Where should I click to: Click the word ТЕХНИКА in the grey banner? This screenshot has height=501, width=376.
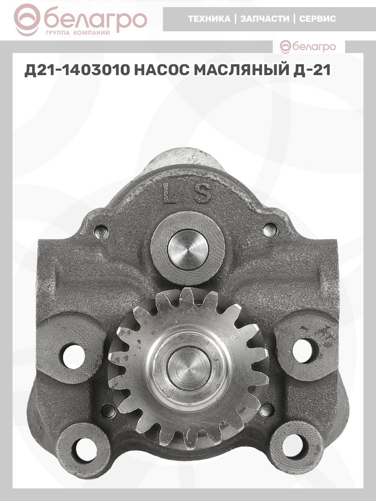coord(209,19)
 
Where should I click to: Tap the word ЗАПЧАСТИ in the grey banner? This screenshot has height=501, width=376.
coord(265,19)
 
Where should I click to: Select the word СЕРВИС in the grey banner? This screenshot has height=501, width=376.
coord(318,19)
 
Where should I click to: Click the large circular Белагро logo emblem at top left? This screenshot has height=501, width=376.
coord(27,20)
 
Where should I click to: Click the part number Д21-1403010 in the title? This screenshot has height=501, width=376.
coord(77,70)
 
